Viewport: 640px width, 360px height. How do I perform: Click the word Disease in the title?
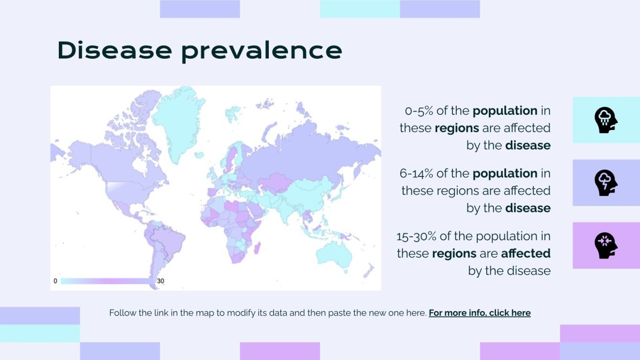(x=115, y=50)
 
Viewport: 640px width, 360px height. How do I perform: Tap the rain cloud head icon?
(x=606, y=120)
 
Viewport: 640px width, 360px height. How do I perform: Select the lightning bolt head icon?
(x=606, y=183)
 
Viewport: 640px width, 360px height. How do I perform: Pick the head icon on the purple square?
(x=606, y=246)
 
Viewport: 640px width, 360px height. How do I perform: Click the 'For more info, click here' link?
(x=480, y=313)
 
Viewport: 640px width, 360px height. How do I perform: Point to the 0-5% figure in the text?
(x=419, y=111)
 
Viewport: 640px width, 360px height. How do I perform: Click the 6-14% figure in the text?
(x=416, y=173)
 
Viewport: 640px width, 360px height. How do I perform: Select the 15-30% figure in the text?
(x=416, y=236)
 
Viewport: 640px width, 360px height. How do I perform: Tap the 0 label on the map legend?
(x=55, y=281)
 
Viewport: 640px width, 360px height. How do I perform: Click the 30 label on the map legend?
(x=161, y=281)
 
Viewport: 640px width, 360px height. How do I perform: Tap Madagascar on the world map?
(x=257, y=248)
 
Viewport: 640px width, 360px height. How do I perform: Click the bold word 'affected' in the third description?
(x=526, y=253)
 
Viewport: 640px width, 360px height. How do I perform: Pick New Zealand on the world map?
(x=369, y=270)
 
